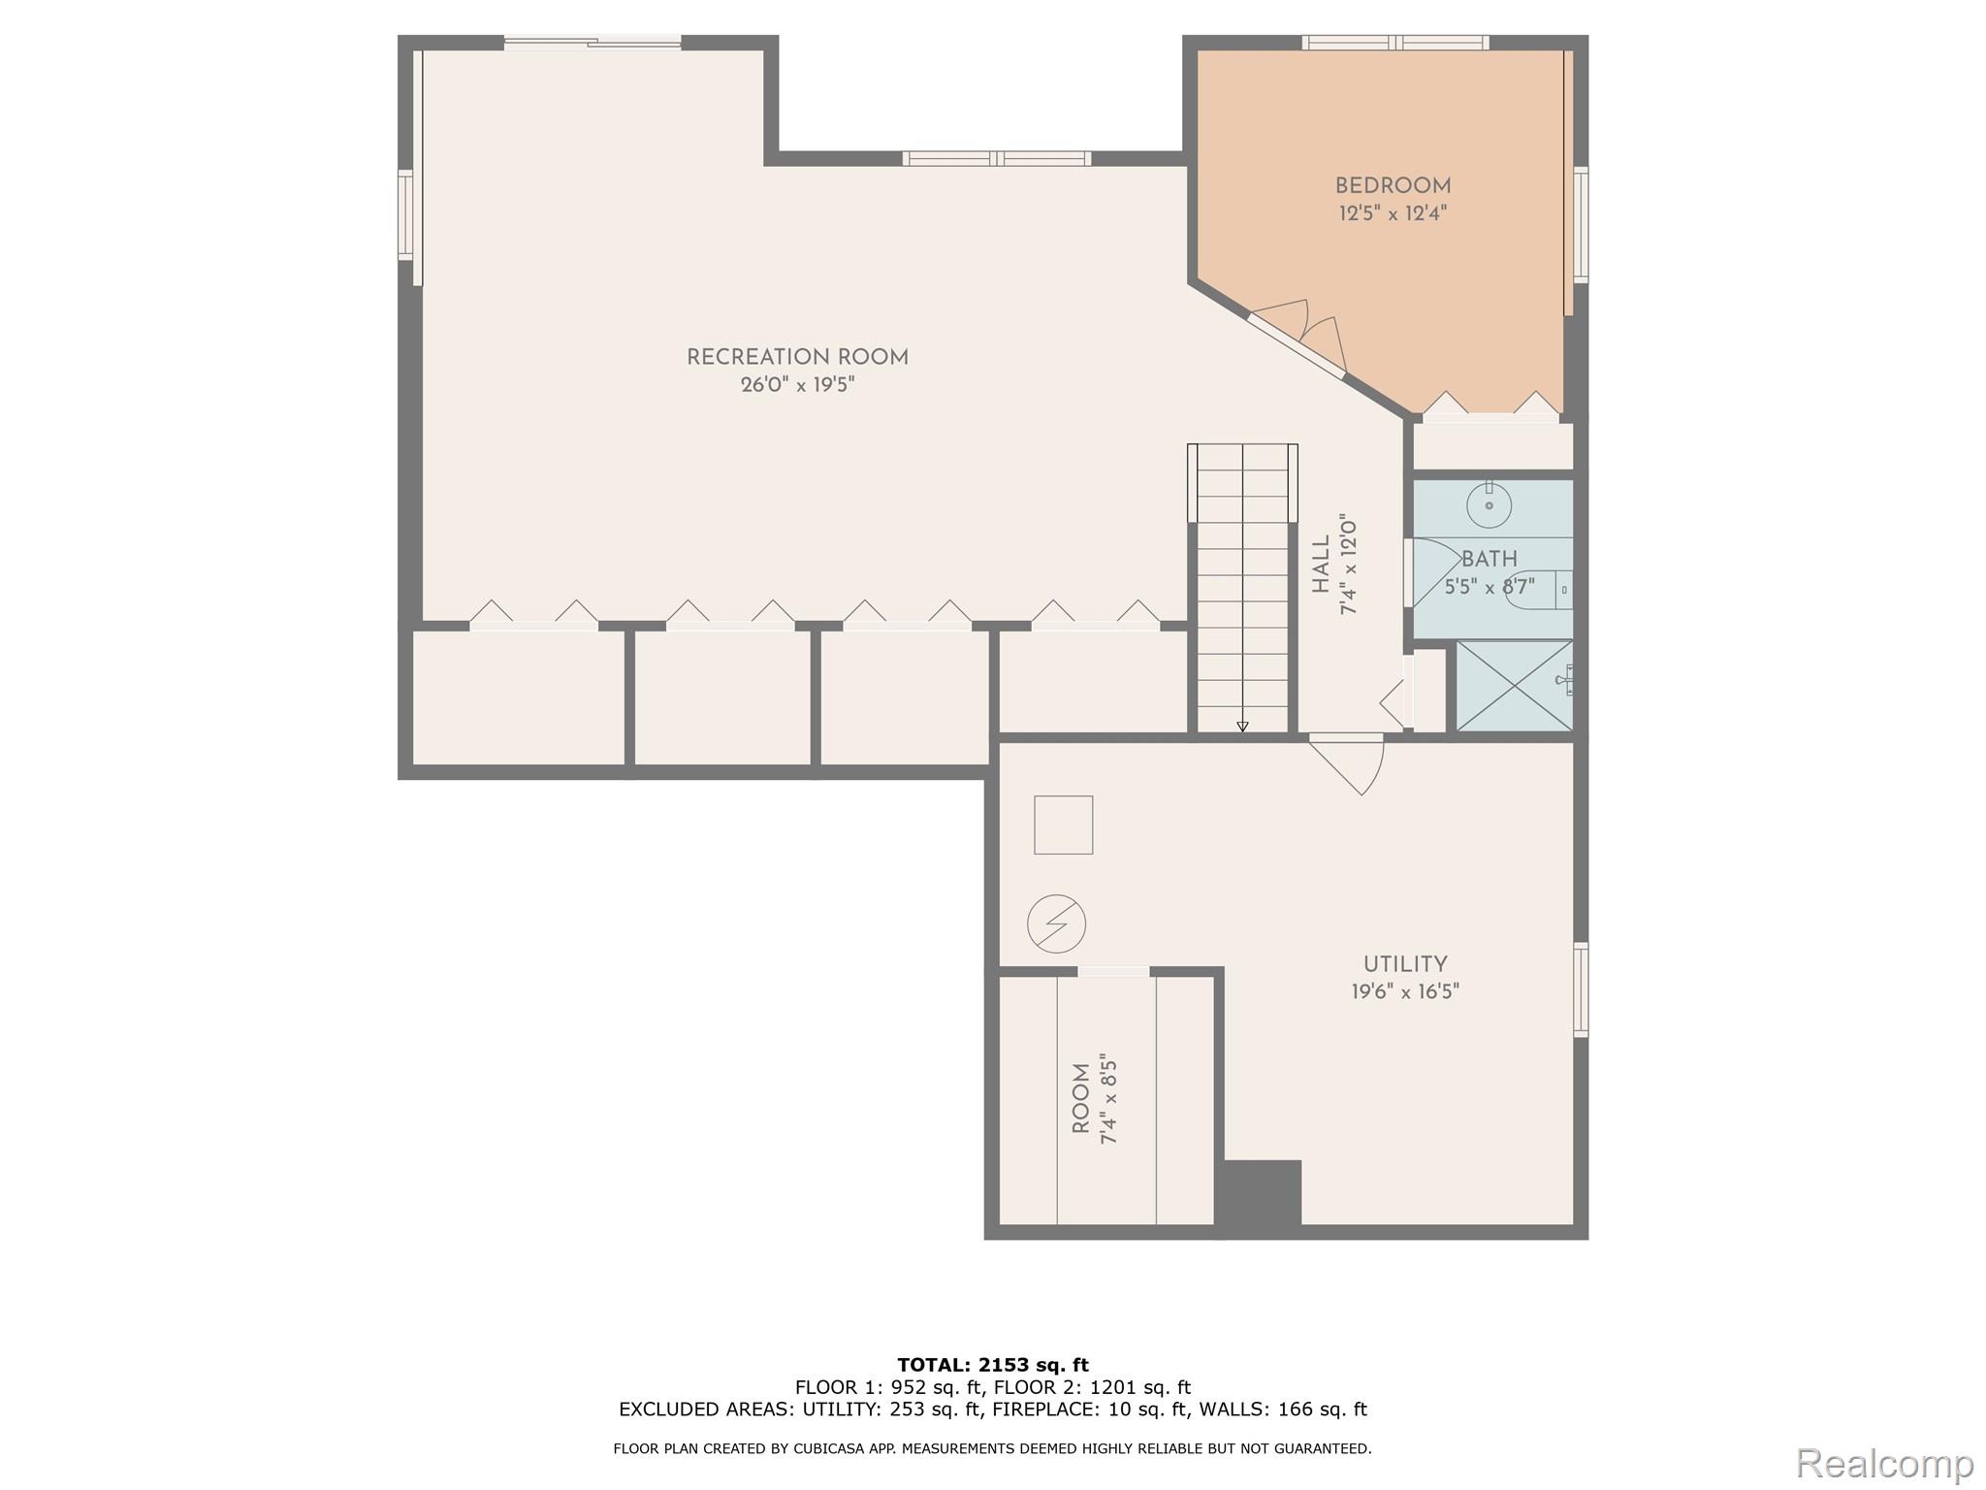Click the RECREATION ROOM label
click(797, 357)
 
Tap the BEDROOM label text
click(1393, 185)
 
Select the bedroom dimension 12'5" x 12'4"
click(1393, 213)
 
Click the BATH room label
click(1489, 560)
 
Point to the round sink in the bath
click(1489, 504)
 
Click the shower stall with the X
click(1514, 686)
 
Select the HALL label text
click(1321, 565)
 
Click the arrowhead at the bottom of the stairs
click(1242, 727)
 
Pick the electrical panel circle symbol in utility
click(1056, 923)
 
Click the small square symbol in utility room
click(1063, 825)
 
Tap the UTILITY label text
click(1405, 964)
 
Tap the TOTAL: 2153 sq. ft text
click(992, 1365)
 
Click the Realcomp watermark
click(1883, 1463)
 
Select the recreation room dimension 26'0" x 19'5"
click(797, 385)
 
